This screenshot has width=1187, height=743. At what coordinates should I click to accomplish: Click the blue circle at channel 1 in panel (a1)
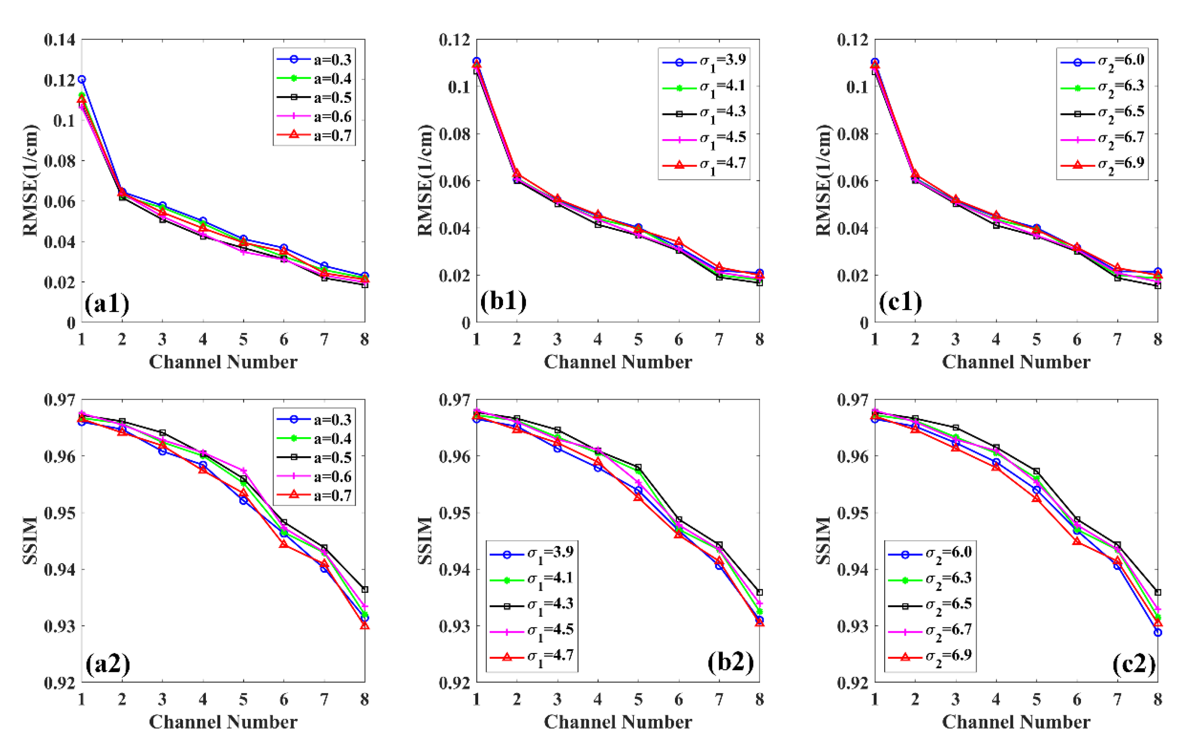(x=82, y=79)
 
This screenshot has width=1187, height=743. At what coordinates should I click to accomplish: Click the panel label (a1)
(x=106, y=303)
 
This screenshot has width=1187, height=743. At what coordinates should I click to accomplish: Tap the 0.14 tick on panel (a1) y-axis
(x=60, y=39)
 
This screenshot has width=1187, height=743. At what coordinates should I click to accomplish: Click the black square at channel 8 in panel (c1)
(x=1158, y=286)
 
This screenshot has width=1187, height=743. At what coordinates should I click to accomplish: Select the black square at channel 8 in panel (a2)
(x=364, y=589)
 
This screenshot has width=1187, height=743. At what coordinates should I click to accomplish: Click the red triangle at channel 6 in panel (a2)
(x=283, y=544)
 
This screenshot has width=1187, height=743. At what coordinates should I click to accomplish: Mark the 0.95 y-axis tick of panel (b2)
(x=454, y=513)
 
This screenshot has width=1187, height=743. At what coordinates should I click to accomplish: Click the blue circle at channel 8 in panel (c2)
(x=1158, y=632)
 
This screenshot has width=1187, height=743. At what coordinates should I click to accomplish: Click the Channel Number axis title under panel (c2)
(x=1016, y=722)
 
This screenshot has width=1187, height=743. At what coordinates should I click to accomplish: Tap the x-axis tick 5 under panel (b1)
(x=638, y=339)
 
